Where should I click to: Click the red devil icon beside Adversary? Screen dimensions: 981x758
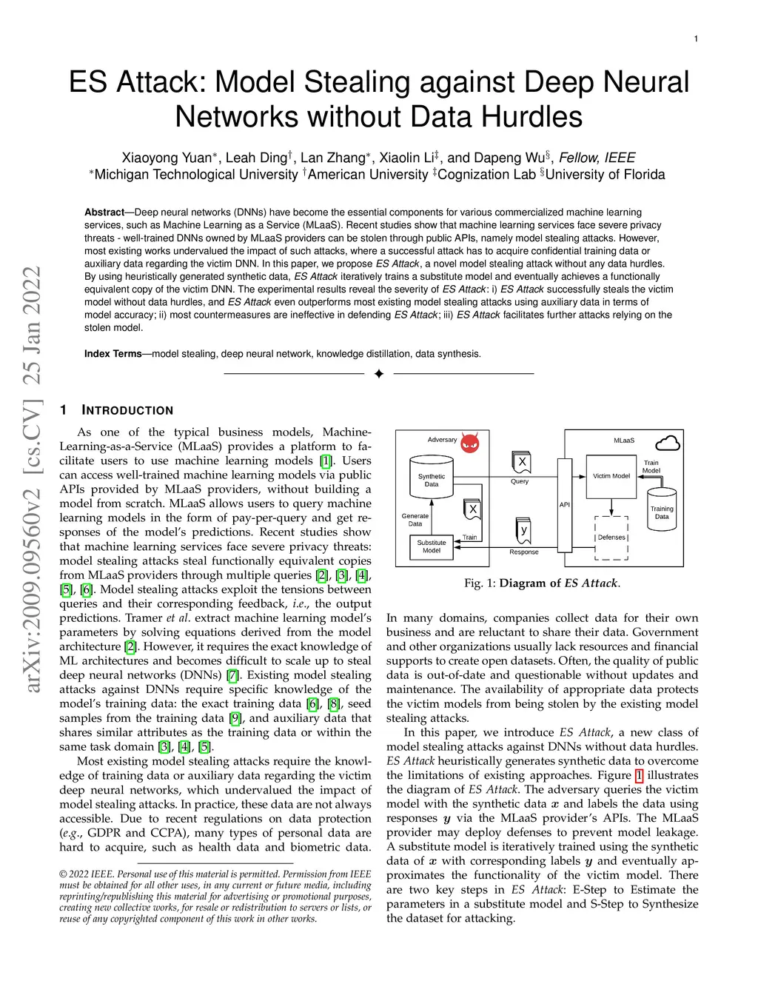pyautogui.click(x=470, y=443)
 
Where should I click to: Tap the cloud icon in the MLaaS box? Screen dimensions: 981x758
pyautogui.click(x=668, y=443)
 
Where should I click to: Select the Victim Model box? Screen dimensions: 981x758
pyautogui.click(x=611, y=476)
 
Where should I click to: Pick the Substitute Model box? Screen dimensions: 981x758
pyautogui.click(x=432, y=546)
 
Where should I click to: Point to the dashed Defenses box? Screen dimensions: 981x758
pyautogui.click(x=611, y=538)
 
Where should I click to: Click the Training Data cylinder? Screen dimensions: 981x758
pyautogui.click(x=662, y=510)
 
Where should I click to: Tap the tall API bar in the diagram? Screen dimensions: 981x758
pyautogui.click(x=565, y=505)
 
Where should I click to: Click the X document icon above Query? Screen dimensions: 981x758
pyautogui.click(x=522, y=463)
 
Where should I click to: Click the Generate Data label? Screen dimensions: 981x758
pyautogui.click(x=415, y=520)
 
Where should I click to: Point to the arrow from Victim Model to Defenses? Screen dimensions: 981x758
pyautogui.click(x=611, y=506)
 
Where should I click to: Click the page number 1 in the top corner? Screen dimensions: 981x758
pyautogui.click(x=696, y=39)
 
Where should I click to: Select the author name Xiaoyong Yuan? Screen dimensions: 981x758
pyautogui.click(x=167, y=158)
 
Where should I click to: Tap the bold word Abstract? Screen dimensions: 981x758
pyautogui.click(x=104, y=212)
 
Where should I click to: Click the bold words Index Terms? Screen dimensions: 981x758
pyautogui.click(x=113, y=354)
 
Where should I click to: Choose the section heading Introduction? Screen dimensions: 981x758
pyautogui.click(x=127, y=410)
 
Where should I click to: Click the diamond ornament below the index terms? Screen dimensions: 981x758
pyautogui.click(x=379, y=374)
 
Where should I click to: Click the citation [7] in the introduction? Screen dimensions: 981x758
pyautogui.click(x=233, y=675)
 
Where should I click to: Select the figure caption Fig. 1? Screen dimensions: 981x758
pyautogui.click(x=542, y=583)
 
